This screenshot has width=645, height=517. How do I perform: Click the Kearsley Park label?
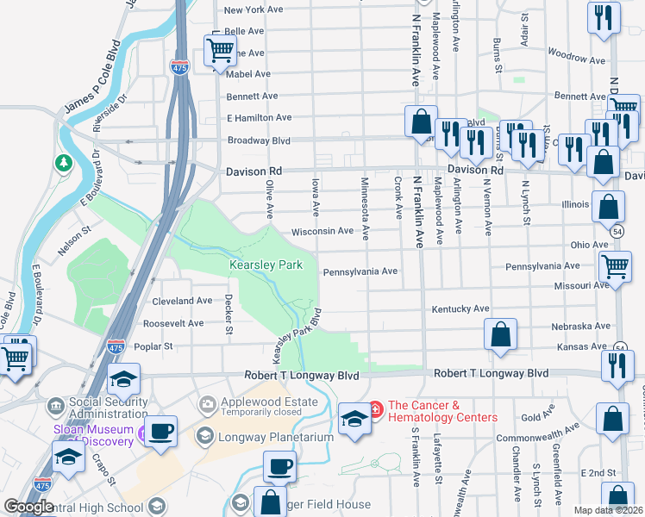coord(266,265)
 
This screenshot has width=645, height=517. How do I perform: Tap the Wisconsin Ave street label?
coord(322,232)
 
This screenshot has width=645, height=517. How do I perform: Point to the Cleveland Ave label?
coord(181,302)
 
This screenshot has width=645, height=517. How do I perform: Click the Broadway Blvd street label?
coord(259,140)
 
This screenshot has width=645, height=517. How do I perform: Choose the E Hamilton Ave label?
coord(259,117)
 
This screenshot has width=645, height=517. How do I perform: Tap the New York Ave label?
coord(254,10)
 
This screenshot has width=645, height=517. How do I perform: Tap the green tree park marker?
coord(64,162)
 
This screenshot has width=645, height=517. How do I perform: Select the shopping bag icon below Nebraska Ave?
coord(500,334)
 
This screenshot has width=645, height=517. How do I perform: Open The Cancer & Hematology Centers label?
coord(442,411)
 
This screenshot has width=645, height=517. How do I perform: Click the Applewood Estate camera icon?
coord(207,403)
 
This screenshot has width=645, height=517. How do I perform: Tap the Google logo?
coord(28,507)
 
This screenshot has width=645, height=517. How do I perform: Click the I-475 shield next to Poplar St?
coord(116,346)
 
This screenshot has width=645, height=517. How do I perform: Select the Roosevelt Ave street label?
coord(173,324)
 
